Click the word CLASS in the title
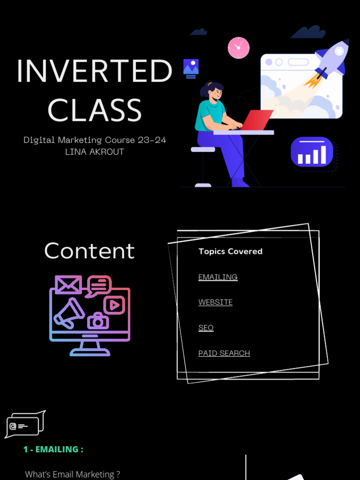pyautogui.click(x=94, y=111)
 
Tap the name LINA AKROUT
pyautogui.click(x=94, y=152)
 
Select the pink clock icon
pyautogui.click(x=239, y=48)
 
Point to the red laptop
pyautogui.click(x=256, y=120)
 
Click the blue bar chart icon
pyautogui.click(x=312, y=152)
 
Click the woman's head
pyautogui.click(x=214, y=91)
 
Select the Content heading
pyautogui.click(x=89, y=251)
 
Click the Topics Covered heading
pyautogui.click(x=230, y=251)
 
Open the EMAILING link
pyautogui.click(x=217, y=277)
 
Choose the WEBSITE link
pyautogui.click(x=215, y=302)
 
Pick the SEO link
pyautogui.click(x=206, y=328)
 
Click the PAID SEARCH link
pyautogui.click(x=224, y=353)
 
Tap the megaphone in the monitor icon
pyautogui.click(x=69, y=313)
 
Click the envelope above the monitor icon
pyautogui.click(x=68, y=285)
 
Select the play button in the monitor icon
pyautogui.click(x=114, y=305)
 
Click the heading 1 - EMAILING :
pyautogui.click(x=53, y=449)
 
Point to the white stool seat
pyautogui.click(x=203, y=150)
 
